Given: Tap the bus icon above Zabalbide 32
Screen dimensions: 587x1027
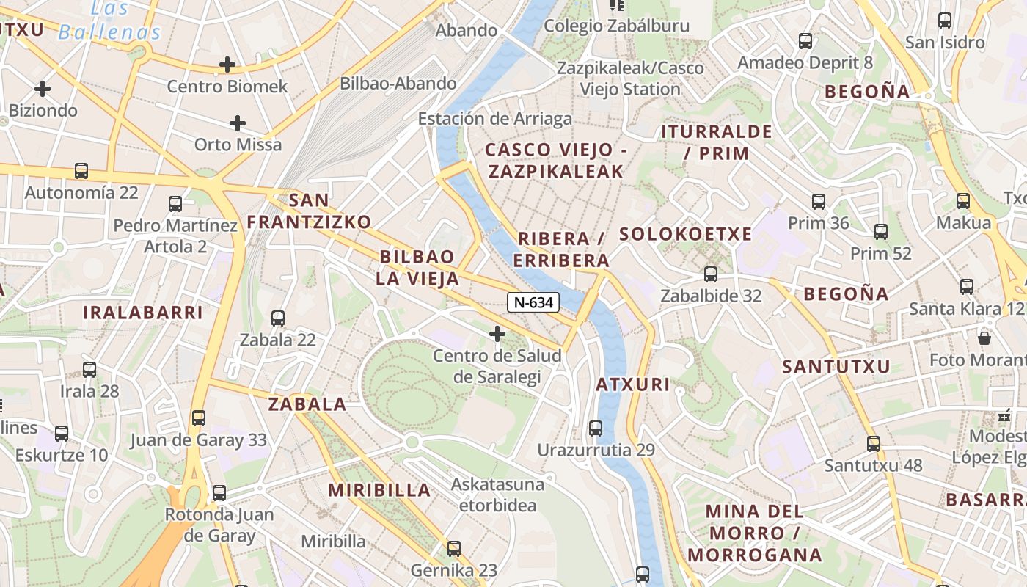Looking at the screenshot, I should pyautogui.click(x=710, y=274).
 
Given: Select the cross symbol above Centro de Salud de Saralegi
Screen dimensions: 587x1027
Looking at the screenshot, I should pyautogui.click(x=497, y=335).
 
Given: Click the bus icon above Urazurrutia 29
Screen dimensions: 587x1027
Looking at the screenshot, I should pyautogui.click(x=596, y=428).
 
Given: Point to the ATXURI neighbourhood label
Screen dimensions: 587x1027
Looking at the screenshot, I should pyautogui.click(x=632, y=384).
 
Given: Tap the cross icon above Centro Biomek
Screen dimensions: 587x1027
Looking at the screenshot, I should pyautogui.click(x=227, y=65).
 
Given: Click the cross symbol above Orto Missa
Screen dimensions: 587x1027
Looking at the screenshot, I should pyautogui.click(x=237, y=123).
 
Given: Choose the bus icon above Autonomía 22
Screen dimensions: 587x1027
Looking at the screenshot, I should pyautogui.click(x=81, y=171).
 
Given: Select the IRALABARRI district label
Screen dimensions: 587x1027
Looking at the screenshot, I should pyautogui.click(x=142, y=313).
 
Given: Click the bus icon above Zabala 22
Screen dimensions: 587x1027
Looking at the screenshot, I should pyautogui.click(x=277, y=318).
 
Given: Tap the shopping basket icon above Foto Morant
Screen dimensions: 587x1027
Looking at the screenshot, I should pyautogui.click(x=984, y=338).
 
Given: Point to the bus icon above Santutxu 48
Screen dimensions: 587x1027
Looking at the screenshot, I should pyautogui.click(x=873, y=443).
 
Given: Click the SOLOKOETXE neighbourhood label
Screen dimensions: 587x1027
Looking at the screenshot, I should pyautogui.click(x=685, y=234).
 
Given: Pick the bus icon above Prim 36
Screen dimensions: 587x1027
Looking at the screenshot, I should pyautogui.click(x=818, y=201).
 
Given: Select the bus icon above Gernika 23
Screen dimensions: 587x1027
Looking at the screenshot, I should pyautogui.click(x=453, y=548).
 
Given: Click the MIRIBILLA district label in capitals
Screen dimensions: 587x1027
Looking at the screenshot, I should pyautogui.click(x=379, y=490).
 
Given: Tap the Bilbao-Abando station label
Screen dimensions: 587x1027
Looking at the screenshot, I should pyautogui.click(x=398, y=84).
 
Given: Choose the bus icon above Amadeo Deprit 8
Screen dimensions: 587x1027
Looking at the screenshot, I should pyautogui.click(x=805, y=40).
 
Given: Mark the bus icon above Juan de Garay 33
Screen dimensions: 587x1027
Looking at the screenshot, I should pyautogui.click(x=198, y=418).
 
